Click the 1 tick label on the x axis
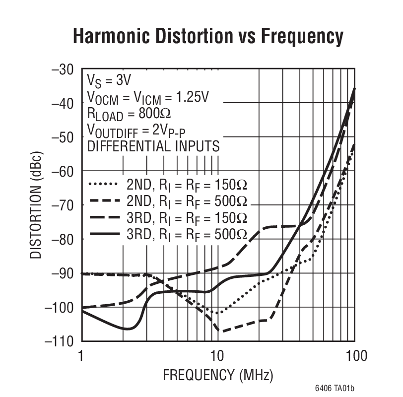81,356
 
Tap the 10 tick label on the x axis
216,356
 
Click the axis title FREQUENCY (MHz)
218,373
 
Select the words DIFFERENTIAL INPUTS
153,146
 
